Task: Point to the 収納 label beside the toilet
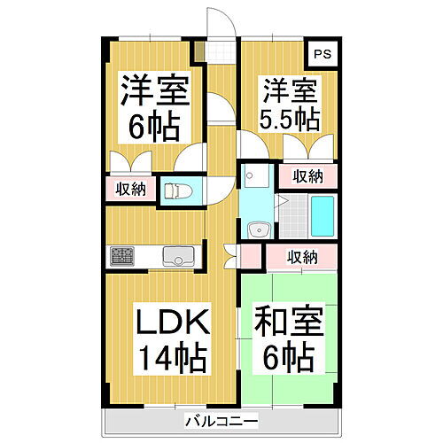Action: (x=130, y=189)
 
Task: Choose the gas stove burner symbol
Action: (x=120, y=257)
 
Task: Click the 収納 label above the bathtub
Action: (x=308, y=176)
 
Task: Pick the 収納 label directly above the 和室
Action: (x=302, y=258)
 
